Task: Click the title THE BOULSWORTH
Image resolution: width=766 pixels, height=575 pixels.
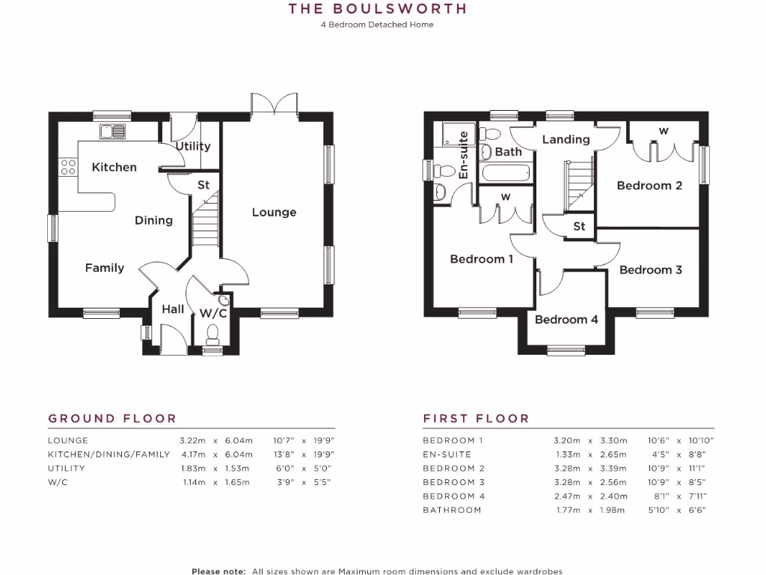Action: [x=378, y=9]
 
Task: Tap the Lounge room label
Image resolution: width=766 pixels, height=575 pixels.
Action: [x=274, y=212]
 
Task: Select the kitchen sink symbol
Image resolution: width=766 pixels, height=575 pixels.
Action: [x=112, y=132]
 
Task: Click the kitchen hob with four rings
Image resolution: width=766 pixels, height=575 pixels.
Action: [x=68, y=168]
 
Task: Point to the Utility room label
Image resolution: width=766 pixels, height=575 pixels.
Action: [x=193, y=146]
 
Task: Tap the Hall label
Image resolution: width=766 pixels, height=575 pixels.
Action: [x=173, y=309]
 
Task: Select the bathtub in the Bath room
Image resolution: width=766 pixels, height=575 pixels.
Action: [x=506, y=174]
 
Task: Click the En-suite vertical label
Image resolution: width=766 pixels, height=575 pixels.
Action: [x=464, y=155]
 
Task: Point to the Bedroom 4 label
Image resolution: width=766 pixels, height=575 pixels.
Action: [x=566, y=320]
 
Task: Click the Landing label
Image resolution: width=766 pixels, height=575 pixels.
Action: [x=566, y=139]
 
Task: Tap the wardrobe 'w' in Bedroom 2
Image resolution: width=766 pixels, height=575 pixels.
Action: [x=663, y=131]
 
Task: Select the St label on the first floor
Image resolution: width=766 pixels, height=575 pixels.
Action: [x=579, y=226]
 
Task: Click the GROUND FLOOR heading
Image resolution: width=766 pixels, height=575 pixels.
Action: [x=112, y=419]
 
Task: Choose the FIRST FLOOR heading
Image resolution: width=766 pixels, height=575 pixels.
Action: [x=476, y=419]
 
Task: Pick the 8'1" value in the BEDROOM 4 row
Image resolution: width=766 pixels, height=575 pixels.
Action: [x=658, y=496]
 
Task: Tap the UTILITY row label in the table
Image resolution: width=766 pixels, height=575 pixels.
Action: [x=67, y=469]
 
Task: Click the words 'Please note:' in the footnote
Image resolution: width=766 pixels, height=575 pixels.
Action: [x=218, y=571]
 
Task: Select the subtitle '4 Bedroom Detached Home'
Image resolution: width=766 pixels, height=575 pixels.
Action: [x=377, y=25]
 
